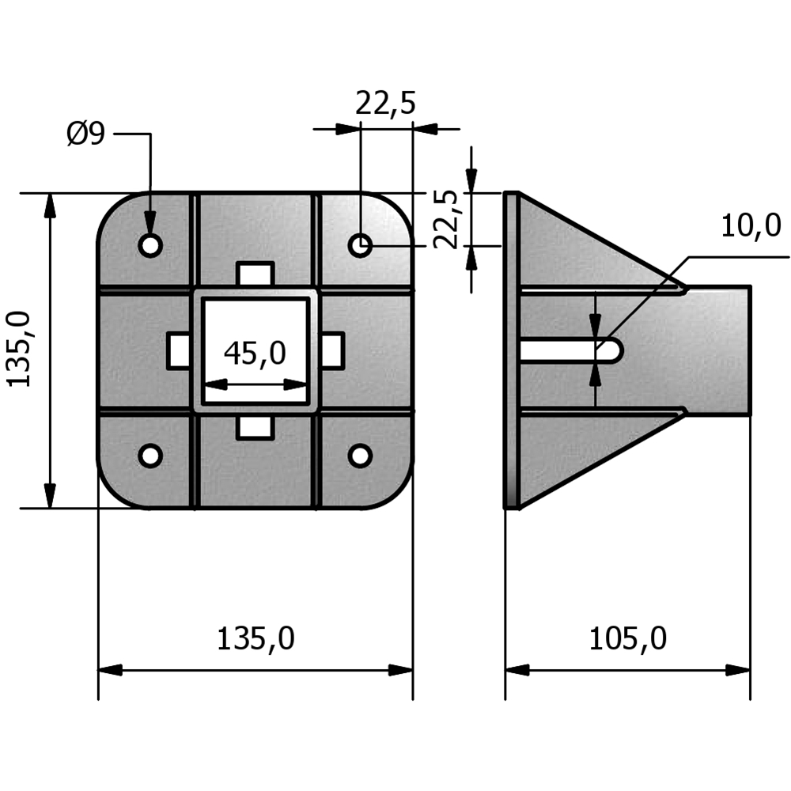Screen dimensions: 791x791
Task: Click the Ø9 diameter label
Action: point(85,134)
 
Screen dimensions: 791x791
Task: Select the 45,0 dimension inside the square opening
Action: point(255,354)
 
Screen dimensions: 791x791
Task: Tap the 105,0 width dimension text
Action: point(627,638)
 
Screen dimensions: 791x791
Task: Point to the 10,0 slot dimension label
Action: point(751,227)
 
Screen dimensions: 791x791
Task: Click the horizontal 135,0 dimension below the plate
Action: point(255,638)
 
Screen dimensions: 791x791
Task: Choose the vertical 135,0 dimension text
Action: point(20,348)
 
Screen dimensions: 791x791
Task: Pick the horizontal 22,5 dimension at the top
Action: point(385,104)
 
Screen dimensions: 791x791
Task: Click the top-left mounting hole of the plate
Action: point(150,244)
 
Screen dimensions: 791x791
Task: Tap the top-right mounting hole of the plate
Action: point(361,245)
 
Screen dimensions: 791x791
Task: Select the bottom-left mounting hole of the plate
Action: point(150,456)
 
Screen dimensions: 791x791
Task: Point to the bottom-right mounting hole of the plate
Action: point(361,456)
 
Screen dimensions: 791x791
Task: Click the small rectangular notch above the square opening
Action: point(255,274)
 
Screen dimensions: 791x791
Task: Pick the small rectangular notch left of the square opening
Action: point(179,350)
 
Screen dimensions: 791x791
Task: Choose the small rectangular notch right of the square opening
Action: point(332,350)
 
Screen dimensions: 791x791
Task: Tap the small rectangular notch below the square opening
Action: point(255,427)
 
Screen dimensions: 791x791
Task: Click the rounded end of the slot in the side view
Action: point(612,350)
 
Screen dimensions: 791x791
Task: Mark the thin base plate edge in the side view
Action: point(512,350)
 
